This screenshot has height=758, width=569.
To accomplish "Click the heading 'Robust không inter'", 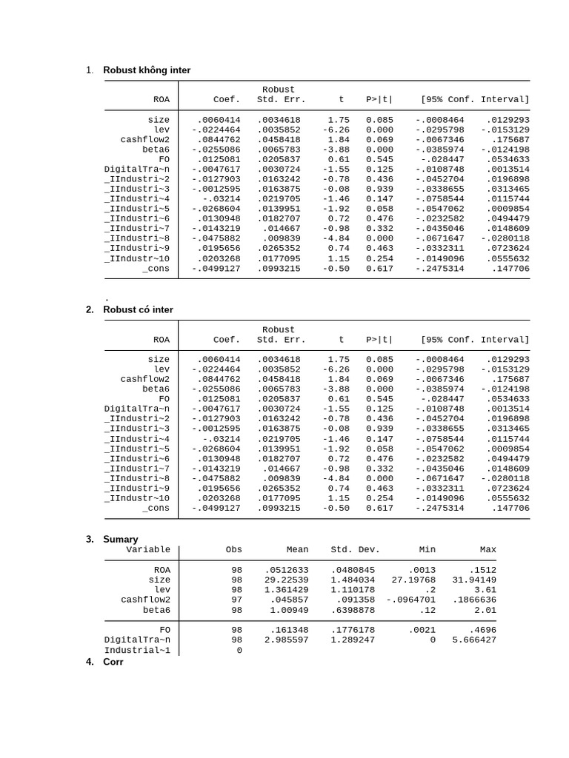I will point(147,70).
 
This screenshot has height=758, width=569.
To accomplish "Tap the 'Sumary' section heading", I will point(120,539).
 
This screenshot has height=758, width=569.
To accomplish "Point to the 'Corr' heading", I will point(113,662).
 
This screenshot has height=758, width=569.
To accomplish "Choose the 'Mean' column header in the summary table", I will point(297,550).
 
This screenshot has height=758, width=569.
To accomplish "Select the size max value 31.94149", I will point(474,580).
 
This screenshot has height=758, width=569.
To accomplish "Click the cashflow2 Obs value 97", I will point(236,600).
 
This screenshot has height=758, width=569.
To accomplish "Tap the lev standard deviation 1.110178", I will point(353,590).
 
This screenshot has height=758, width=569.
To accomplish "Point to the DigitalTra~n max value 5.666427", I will point(474,640).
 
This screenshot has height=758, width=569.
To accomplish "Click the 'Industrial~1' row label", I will point(137,650).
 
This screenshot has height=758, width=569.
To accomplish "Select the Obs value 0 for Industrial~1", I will point(239,650).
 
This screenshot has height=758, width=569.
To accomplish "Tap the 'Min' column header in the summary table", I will point(427,550).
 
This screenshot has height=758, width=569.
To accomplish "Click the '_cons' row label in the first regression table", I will point(156,269).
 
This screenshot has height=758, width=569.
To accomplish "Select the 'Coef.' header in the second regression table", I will point(227,340).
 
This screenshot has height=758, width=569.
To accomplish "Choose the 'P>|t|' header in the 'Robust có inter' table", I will point(379,340).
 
